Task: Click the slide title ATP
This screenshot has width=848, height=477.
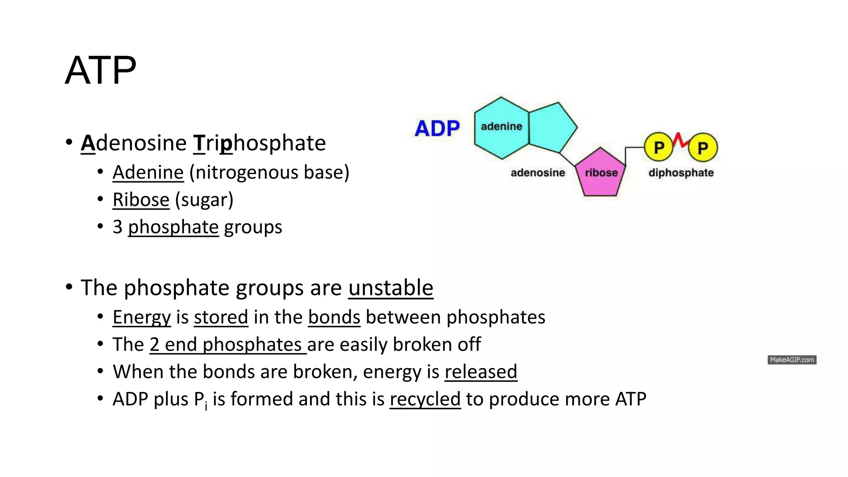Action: click(101, 70)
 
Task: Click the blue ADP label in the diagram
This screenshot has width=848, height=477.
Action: click(437, 128)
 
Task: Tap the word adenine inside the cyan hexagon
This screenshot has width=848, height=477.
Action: click(501, 126)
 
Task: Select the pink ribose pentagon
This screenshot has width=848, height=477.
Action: click(600, 174)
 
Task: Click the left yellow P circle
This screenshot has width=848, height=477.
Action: click(659, 147)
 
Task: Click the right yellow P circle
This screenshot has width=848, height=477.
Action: click(703, 147)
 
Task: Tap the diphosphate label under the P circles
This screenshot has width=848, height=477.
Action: click(681, 173)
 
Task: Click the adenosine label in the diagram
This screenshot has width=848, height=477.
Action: click(537, 173)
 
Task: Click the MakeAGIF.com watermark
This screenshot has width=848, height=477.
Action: click(792, 360)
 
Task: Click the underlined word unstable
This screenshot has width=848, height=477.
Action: click(390, 288)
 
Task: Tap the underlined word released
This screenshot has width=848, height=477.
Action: click(481, 371)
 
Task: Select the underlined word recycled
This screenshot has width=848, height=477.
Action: click(425, 399)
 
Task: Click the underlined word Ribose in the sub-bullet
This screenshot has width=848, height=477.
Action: click(141, 200)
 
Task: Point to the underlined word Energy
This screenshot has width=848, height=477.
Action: click(142, 317)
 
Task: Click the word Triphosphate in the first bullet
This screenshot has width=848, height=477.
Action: click(260, 143)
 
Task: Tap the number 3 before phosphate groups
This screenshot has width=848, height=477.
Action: click(118, 227)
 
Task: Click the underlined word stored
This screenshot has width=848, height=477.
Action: click(221, 317)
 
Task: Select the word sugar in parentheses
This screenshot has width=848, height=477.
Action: click(204, 200)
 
